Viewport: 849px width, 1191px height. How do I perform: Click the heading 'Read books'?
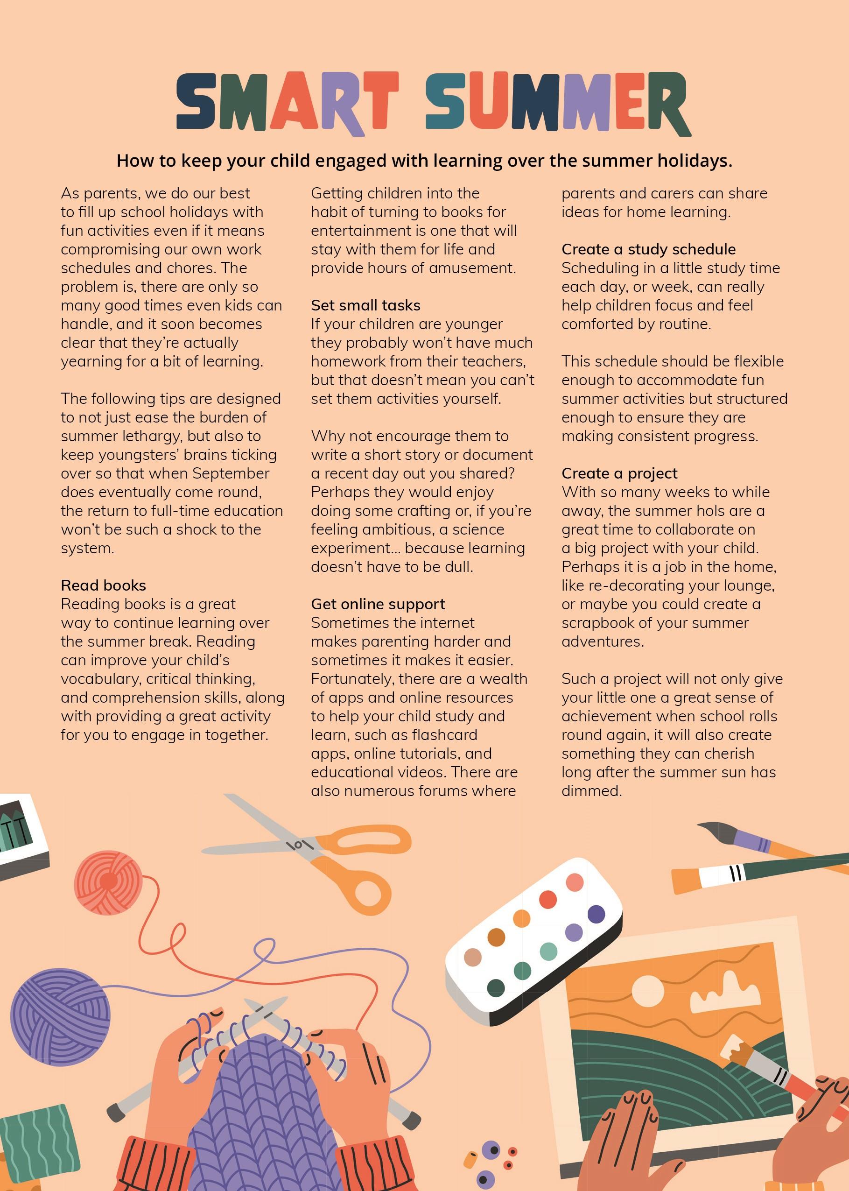[103, 585]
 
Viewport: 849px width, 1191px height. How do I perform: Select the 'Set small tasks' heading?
[365, 305]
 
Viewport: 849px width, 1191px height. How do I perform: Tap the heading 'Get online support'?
[378, 604]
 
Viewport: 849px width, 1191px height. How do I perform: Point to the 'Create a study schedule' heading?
[648, 249]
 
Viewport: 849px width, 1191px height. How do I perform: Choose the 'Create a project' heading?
[619, 473]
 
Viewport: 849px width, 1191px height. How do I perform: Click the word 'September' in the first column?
[231, 473]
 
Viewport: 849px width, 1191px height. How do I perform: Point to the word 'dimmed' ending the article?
[590, 790]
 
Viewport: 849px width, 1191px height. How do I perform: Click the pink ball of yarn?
[108, 883]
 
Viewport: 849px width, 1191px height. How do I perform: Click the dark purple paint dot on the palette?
[596, 915]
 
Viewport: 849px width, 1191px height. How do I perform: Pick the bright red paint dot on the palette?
[547, 899]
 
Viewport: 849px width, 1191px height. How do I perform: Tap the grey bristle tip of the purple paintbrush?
[715, 829]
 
